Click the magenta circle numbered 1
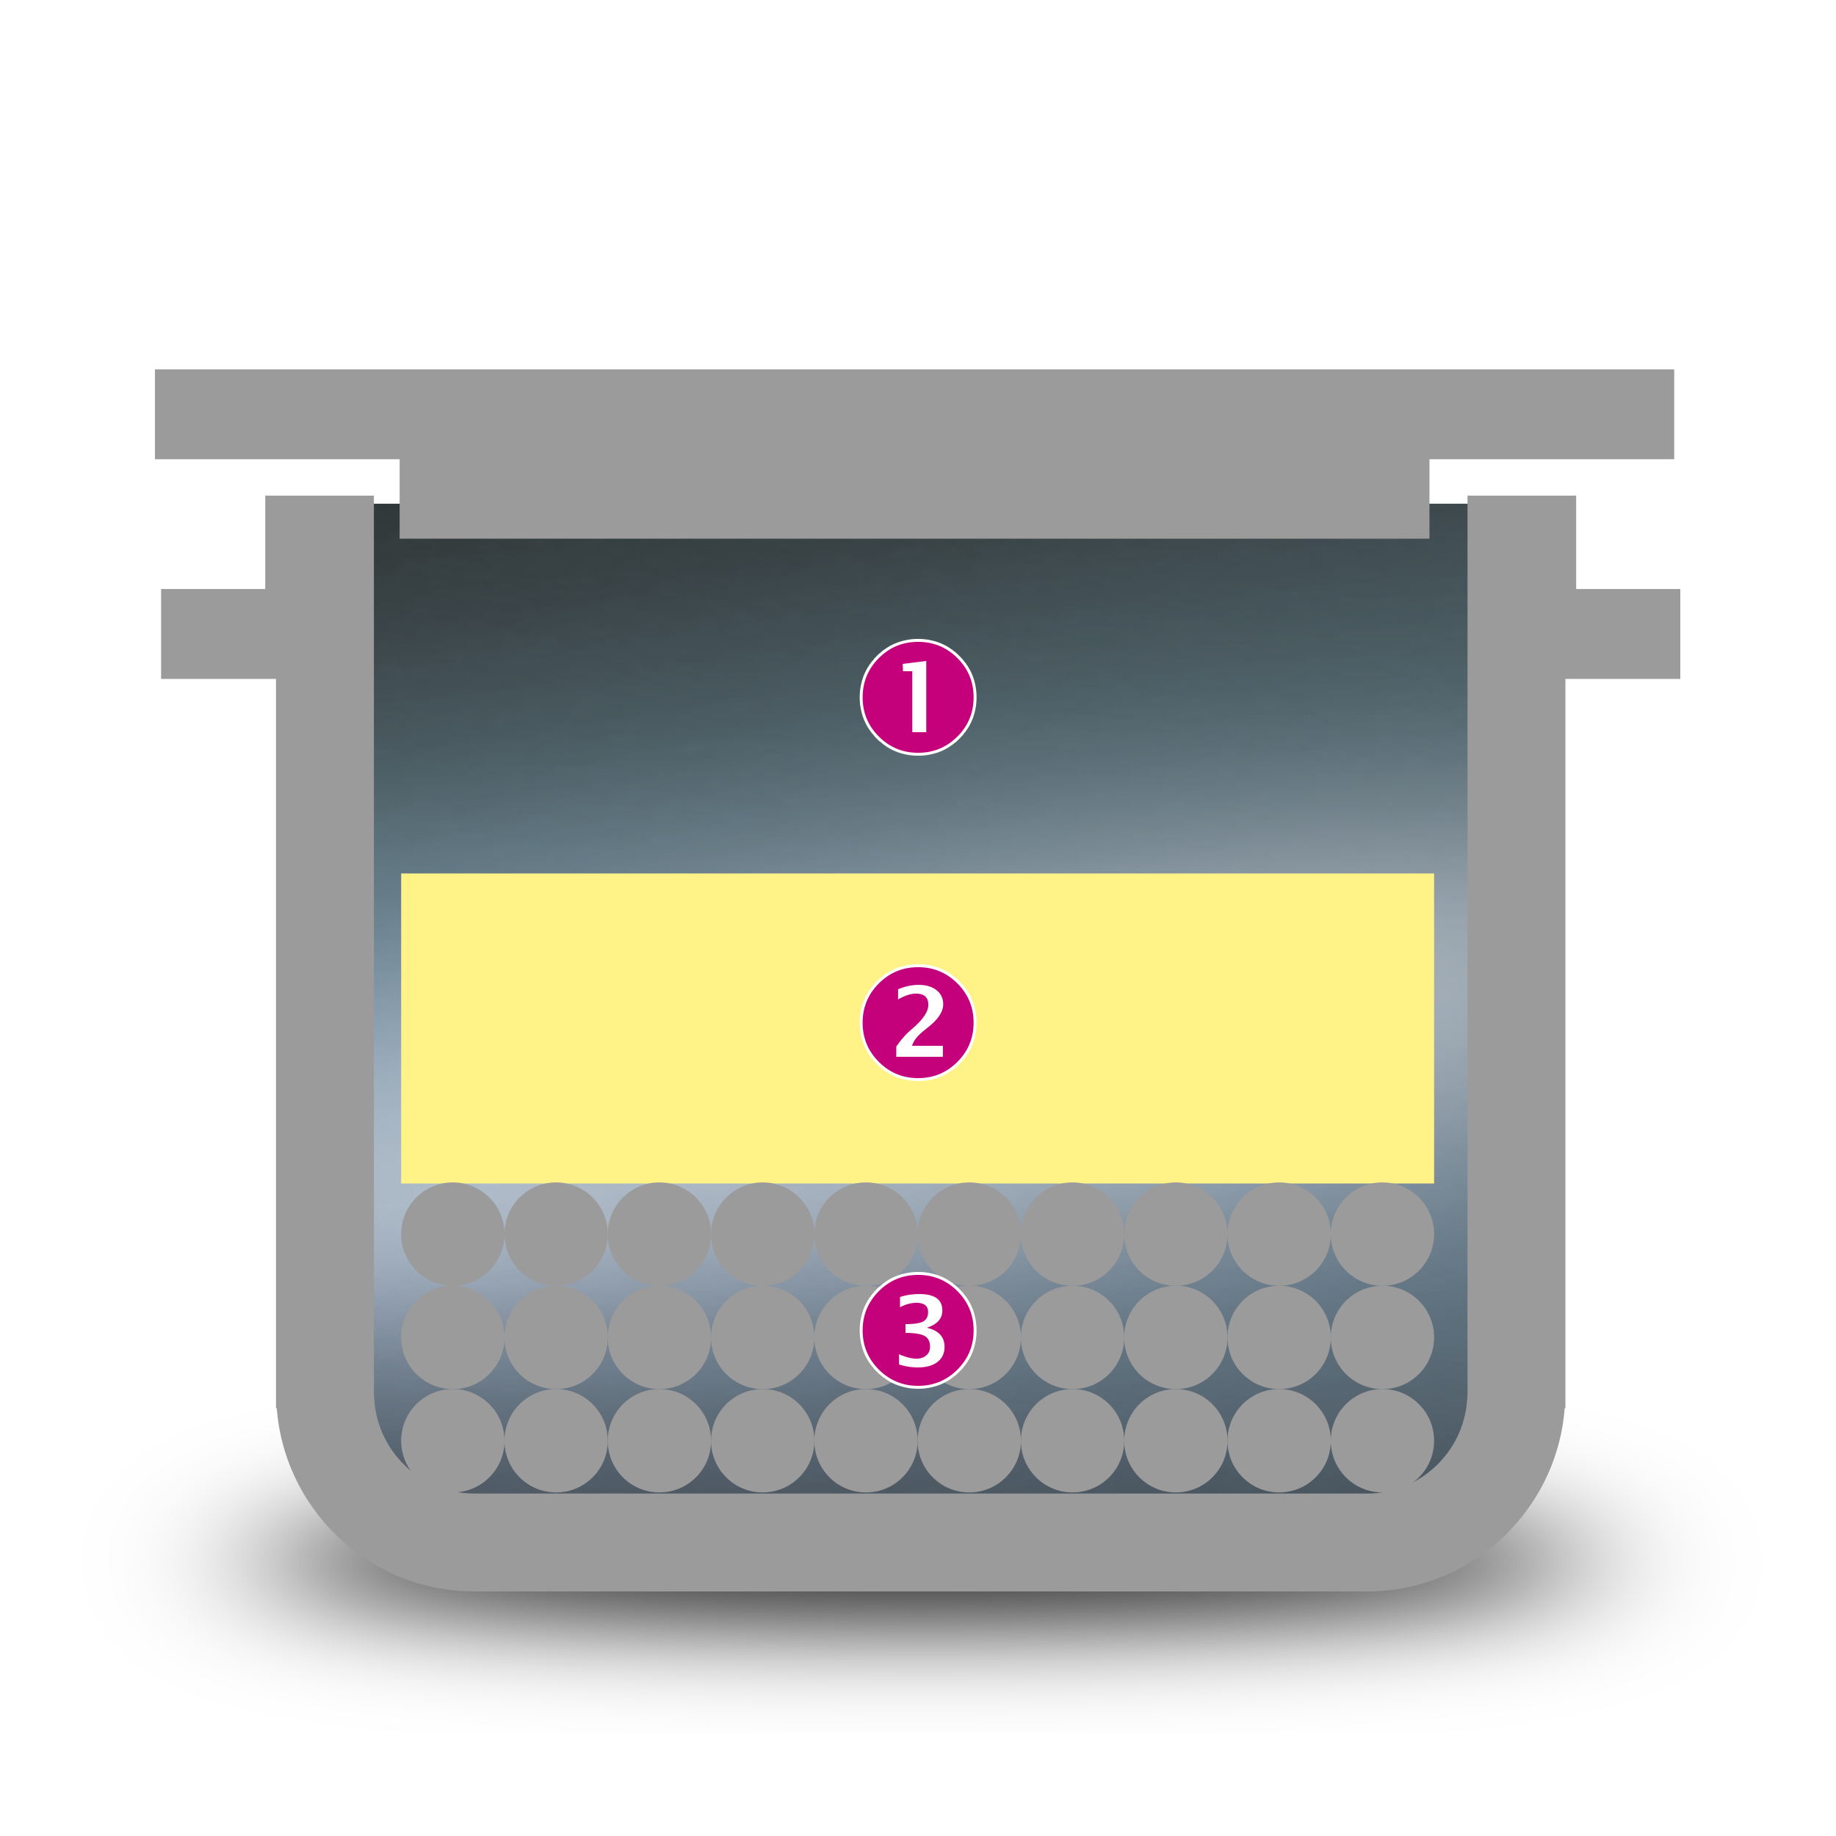click(917, 696)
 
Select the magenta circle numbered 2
click(917, 1022)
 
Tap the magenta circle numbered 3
click(917, 1329)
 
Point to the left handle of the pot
click(219, 634)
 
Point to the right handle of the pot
click(1622, 634)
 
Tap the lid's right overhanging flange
click(1551, 413)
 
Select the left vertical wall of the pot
click(324, 950)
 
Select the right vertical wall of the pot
click(1517, 950)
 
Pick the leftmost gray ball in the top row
click(452, 1235)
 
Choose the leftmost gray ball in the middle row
click(452, 1337)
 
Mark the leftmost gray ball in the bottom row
click(452, 1441)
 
